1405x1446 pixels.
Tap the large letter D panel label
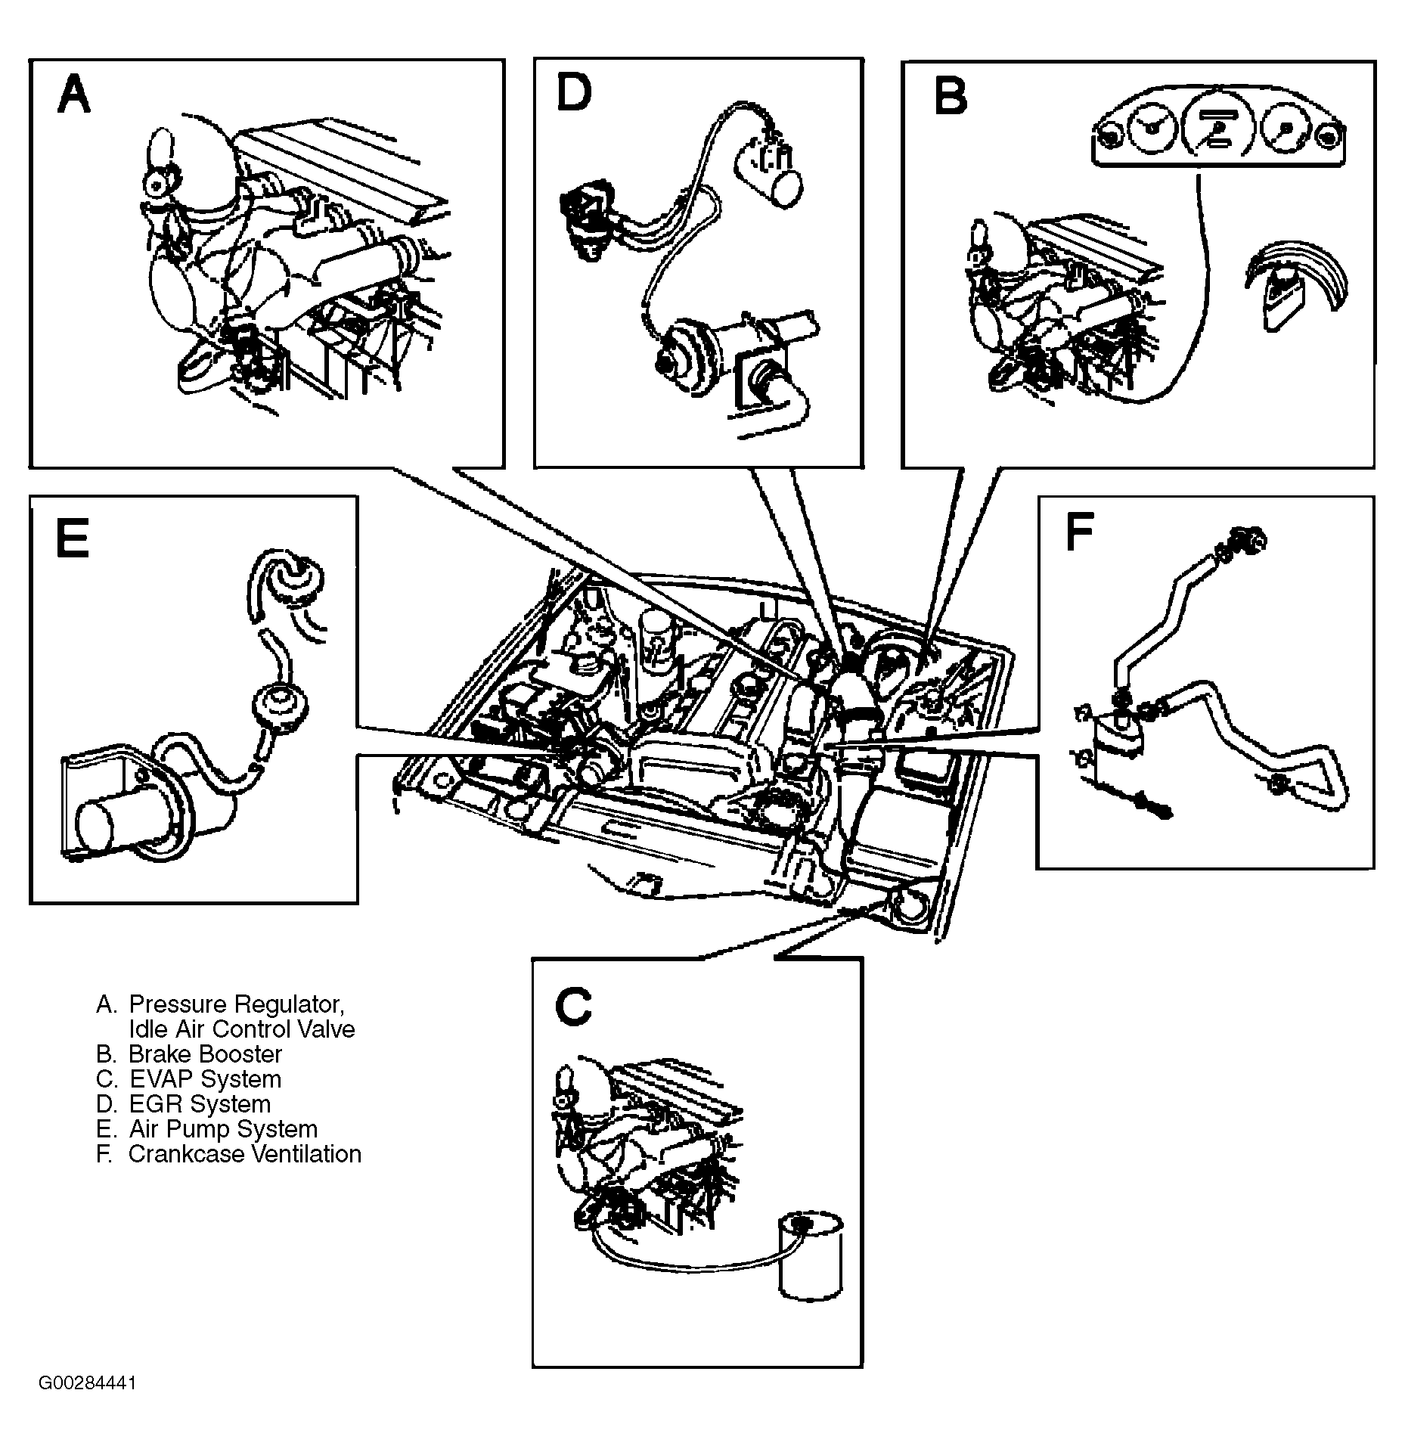click(x=573, y=95)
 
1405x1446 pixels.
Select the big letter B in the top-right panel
click(x=951, y=97)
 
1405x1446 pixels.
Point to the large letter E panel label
click(x=72, y=538)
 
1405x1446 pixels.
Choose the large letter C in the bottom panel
click(x=572, y=1007)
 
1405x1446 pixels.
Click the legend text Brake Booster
click(x=205, y=1054)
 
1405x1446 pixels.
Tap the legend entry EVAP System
click(x=205, y=1079)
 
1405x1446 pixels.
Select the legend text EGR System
click(x=200, y=1104)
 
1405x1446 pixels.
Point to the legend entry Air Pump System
click(x=223, y=1129)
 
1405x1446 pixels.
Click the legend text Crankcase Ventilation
click(x=245, y=1154)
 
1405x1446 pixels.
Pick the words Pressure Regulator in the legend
click(x=237, y=1004)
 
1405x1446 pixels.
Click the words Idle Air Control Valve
click(x=242, y=1029)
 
